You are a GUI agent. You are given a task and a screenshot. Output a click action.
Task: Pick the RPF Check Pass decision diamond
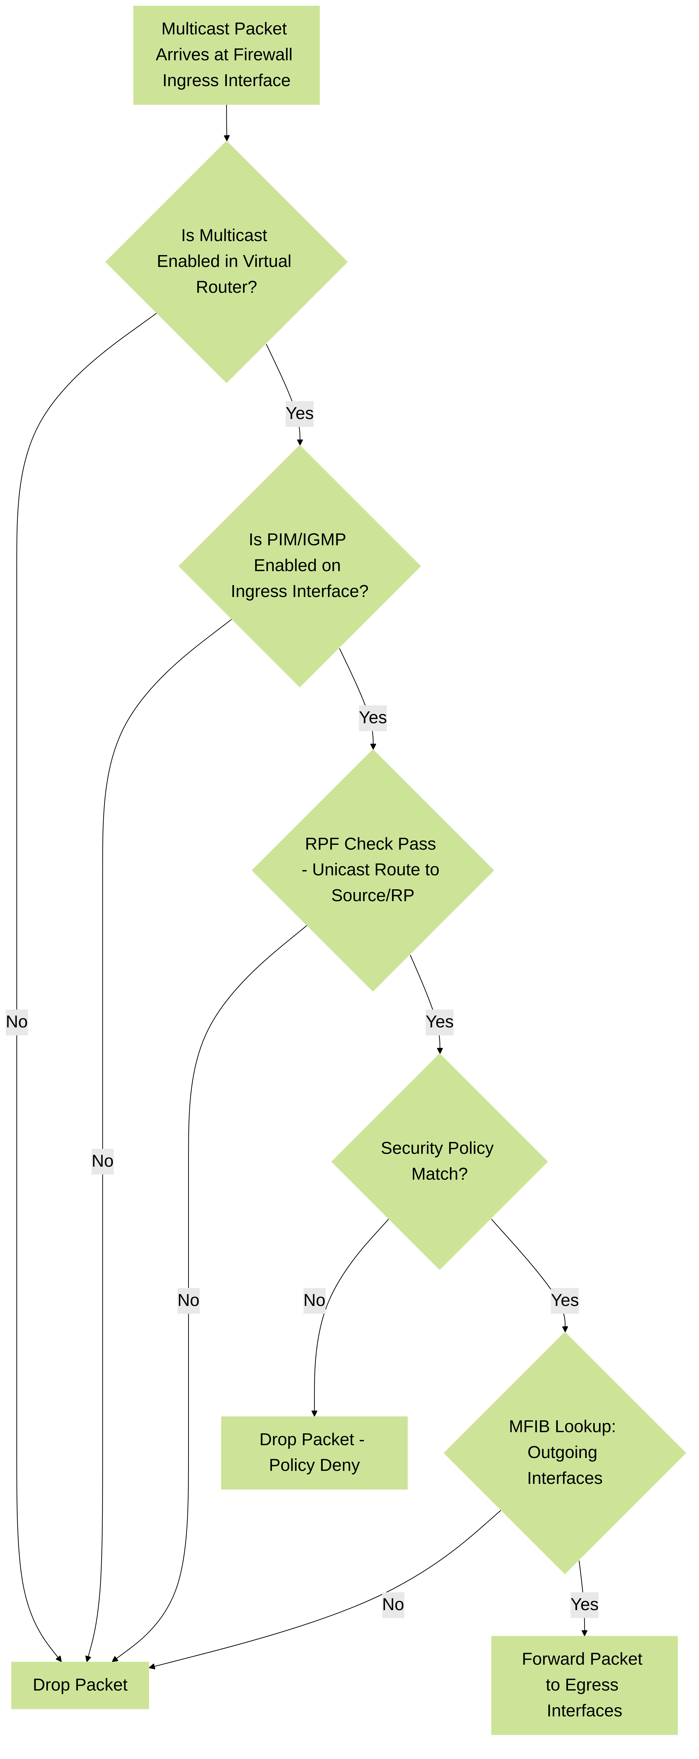373,870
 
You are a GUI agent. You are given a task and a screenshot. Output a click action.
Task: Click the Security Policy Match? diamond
440,1161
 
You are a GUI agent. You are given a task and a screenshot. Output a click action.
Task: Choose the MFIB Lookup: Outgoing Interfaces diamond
565,1452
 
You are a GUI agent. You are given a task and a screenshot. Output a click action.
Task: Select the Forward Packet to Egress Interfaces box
584,1685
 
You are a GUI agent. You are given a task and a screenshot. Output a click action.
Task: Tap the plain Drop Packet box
80,1685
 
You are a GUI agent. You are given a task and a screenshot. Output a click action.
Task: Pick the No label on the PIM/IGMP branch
102,1161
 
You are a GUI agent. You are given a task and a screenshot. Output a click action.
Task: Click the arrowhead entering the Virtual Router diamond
227,138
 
